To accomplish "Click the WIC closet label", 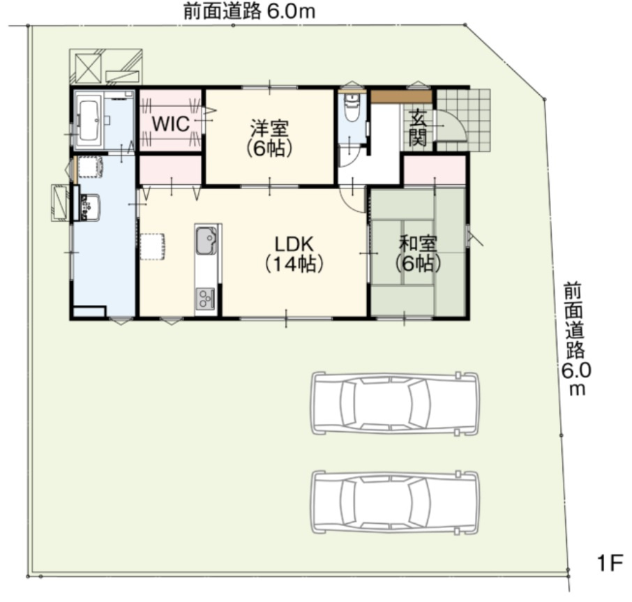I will click(170, 125).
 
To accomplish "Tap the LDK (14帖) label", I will click(293, 253).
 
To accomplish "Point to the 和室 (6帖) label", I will click(418, 253).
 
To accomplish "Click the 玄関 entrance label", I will click(418, 128).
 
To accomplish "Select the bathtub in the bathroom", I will click(89, 121).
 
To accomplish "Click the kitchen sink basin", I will click(206, 242).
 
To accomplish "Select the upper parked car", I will click(396, 403).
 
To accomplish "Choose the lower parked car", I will click(396, 502).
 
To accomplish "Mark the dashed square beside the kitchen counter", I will click(152, 246).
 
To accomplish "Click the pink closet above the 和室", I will click(435, 171).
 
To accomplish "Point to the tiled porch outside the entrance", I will click(465, 119).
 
